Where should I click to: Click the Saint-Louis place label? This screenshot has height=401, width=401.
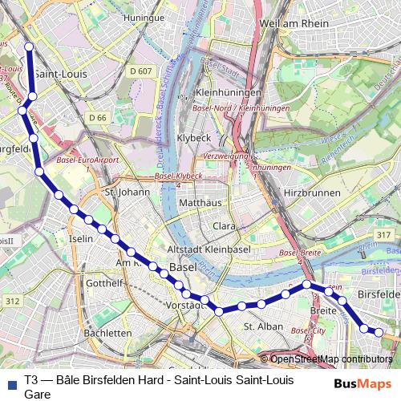59,75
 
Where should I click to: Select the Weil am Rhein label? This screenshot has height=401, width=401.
294,23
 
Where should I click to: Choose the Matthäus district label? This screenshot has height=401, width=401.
200,204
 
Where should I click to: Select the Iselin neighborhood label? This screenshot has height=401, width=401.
81,238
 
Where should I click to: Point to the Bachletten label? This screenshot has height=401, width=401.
107,333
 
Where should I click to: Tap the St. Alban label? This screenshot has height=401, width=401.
264,326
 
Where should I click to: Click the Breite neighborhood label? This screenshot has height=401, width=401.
323,310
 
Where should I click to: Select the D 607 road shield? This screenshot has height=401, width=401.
140,71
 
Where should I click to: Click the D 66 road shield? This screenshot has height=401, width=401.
98,118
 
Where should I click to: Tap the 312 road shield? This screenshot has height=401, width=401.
12,301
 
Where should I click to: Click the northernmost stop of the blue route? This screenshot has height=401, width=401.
29,47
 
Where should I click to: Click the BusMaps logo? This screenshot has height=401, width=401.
363,383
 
